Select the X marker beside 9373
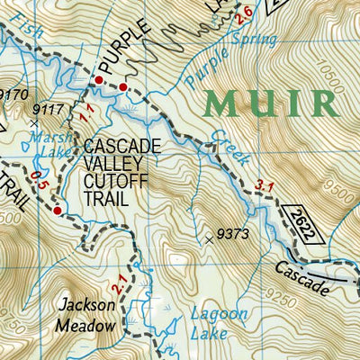tap(209, 239)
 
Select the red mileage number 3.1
tap(264, 187)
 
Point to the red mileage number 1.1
tap(85, 113)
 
